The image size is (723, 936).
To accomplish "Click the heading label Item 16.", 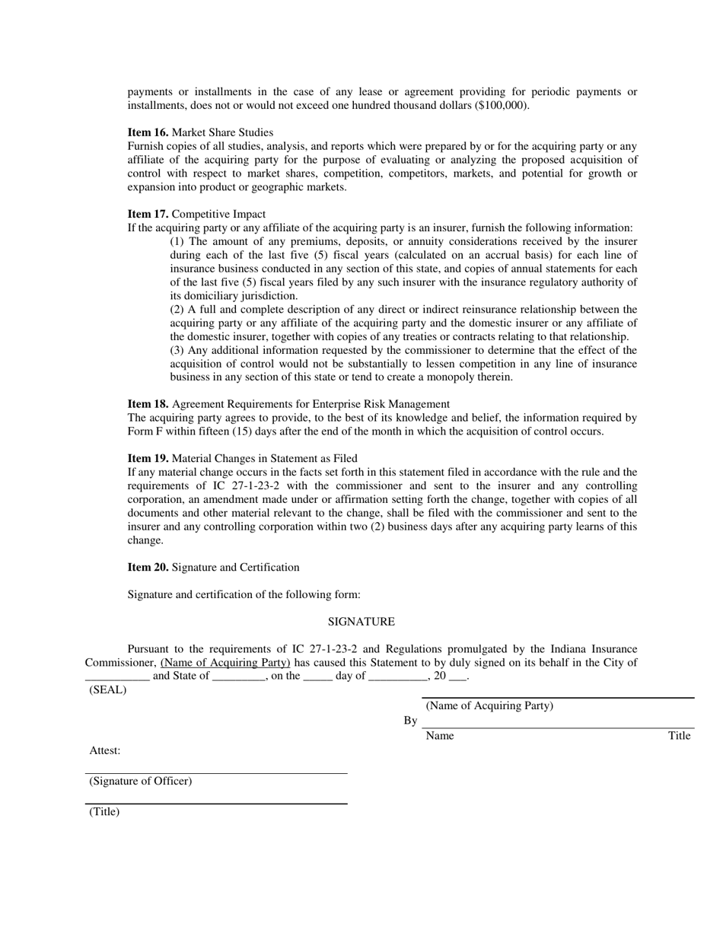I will (x=148, y=132).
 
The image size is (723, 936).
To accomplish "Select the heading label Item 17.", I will (x=148, y=214).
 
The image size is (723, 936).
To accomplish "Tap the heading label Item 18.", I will (x=148, y=404).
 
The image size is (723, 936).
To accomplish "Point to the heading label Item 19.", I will (x=148, y=459).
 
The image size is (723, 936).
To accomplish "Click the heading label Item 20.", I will (x=148, y=568).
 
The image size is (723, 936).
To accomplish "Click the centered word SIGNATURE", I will (x=361, y=622).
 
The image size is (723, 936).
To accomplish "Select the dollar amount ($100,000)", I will (x=502, y=106).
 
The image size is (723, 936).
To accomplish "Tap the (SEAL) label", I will (x=108, y=690).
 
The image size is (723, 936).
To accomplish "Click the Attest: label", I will (x=105, y=751).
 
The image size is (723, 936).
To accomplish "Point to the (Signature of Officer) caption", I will (x=141, y=782).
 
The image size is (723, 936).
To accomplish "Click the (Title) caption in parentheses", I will (x=104, y=812).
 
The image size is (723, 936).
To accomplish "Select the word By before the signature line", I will (x=410, y=721).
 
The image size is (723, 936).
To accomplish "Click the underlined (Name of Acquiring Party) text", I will (x=225, y=663).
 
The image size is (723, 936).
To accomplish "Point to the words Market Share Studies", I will (x=222, y=132).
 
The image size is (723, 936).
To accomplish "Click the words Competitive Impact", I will (x=218, y=214).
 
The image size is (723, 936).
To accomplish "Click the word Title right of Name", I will (x=679, y=736).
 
